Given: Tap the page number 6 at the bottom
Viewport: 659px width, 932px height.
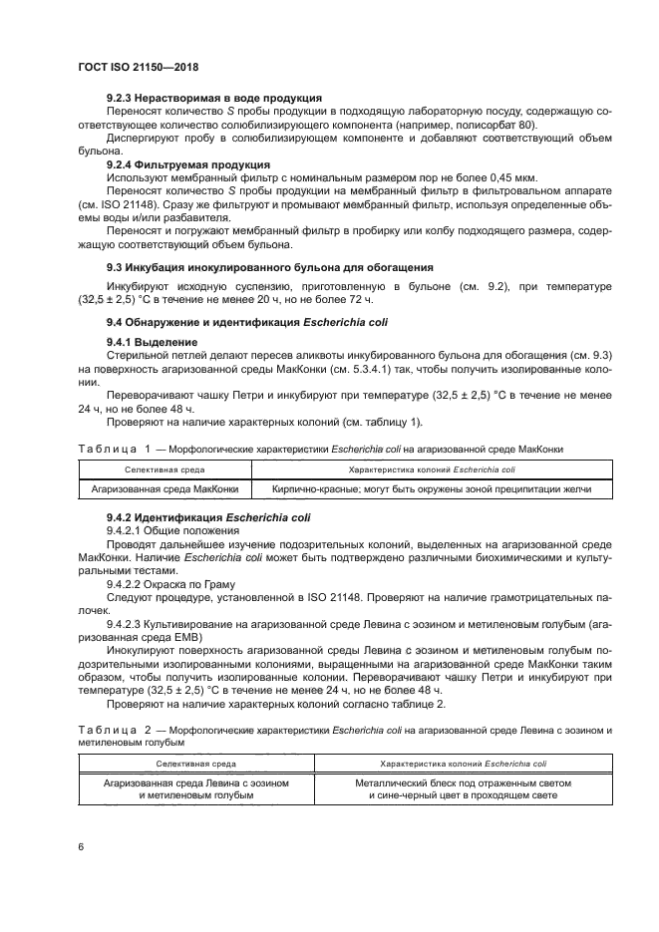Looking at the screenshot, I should pos(81,846).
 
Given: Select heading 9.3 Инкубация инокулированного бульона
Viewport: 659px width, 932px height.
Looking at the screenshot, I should pos(269,267).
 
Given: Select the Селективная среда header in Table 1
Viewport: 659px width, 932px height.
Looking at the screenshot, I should pos(164,467).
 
